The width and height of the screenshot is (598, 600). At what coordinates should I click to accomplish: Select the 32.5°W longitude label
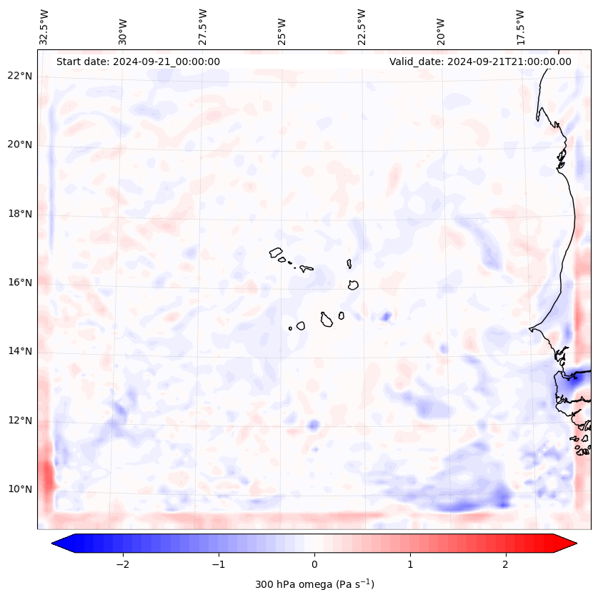pos(44,27)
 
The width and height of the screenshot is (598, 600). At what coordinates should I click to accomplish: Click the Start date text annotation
pos(138,62)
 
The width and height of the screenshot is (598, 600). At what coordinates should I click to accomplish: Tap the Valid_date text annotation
pos(480,62)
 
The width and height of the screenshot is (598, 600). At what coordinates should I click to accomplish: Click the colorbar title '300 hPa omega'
pos(314,584)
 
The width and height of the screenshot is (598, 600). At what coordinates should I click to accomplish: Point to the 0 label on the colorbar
pos(314,564)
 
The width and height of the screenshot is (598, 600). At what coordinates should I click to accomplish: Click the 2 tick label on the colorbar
pos(506,564)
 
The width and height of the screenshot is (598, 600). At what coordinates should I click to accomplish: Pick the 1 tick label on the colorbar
pos(410,564)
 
